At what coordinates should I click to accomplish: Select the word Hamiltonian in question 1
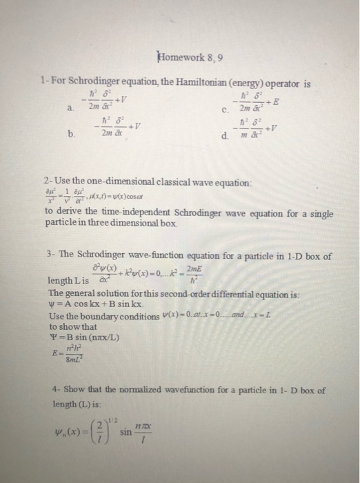pyautogui.click(x=177, y=84)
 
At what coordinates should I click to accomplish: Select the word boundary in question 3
pyautogui.click(x=97, y=317)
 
